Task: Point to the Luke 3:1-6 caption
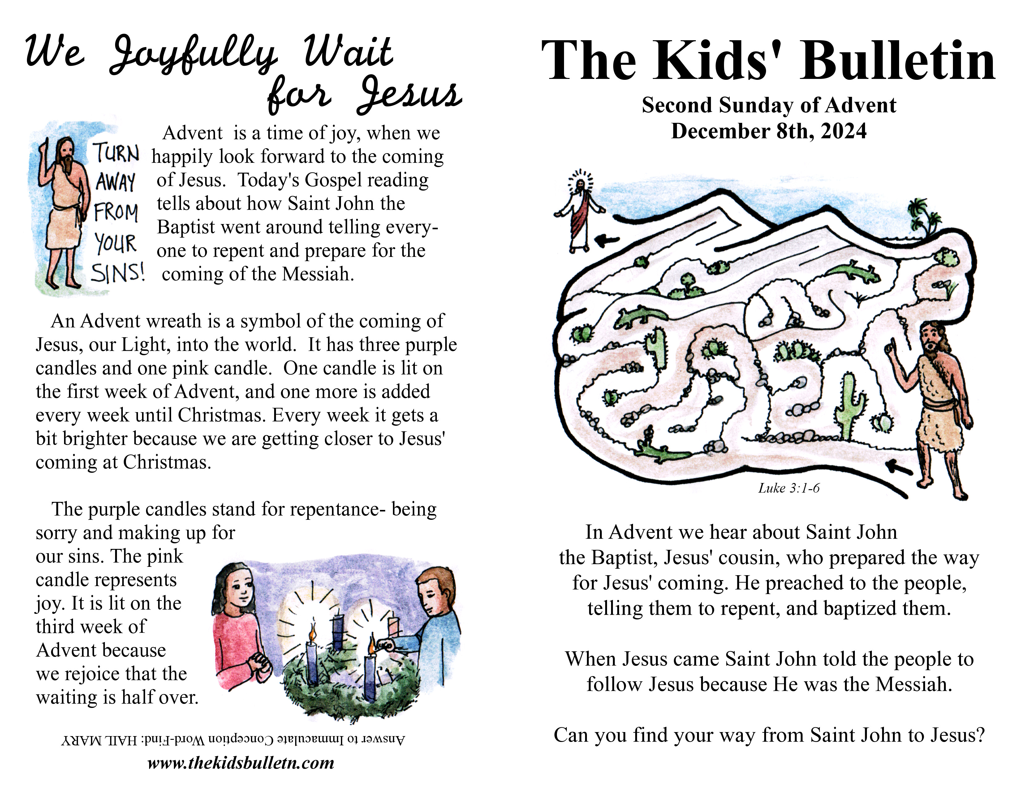point(789,489)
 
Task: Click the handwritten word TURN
point(117,153)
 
